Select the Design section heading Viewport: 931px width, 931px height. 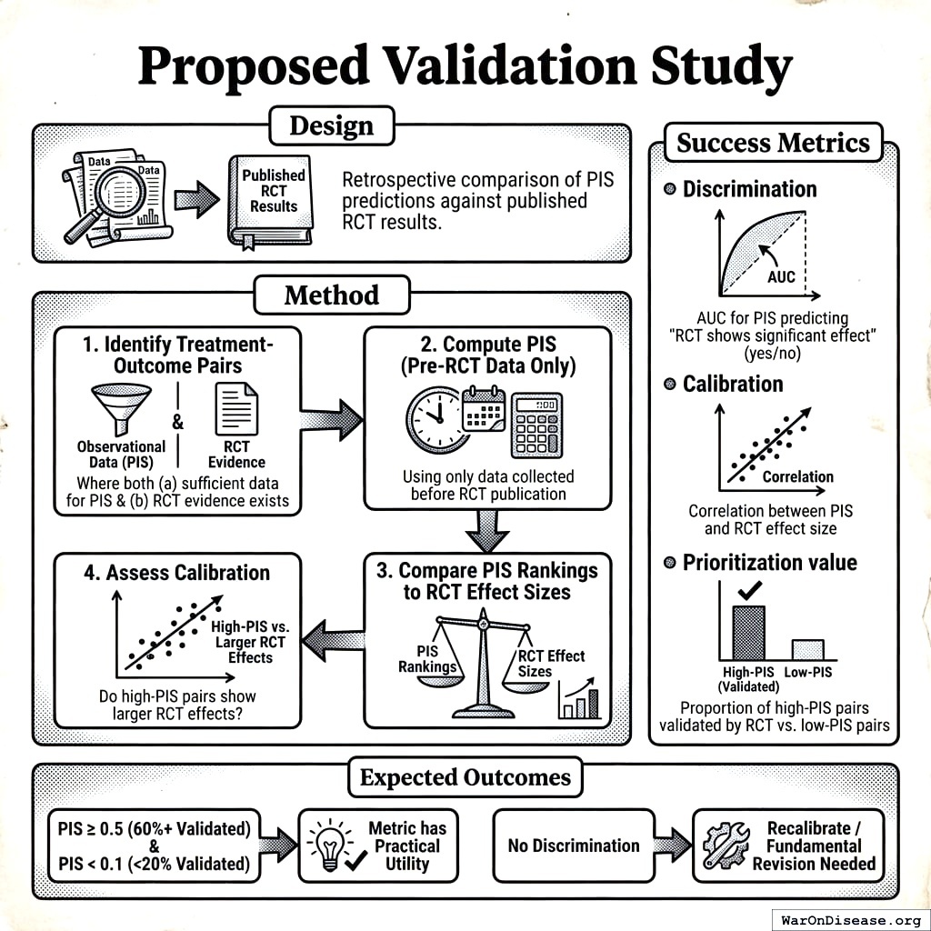tap(332, 126)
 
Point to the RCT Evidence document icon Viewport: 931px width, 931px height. tap(235, 409)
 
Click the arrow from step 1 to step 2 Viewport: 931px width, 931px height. tap(331, 419)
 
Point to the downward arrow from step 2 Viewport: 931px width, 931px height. tap(487, 529)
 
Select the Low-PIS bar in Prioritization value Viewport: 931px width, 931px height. tap(807, 649)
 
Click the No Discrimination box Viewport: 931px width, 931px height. tap(573, 846)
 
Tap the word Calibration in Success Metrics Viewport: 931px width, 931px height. tap(733, 384)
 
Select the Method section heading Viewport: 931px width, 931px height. tap(332, 295)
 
